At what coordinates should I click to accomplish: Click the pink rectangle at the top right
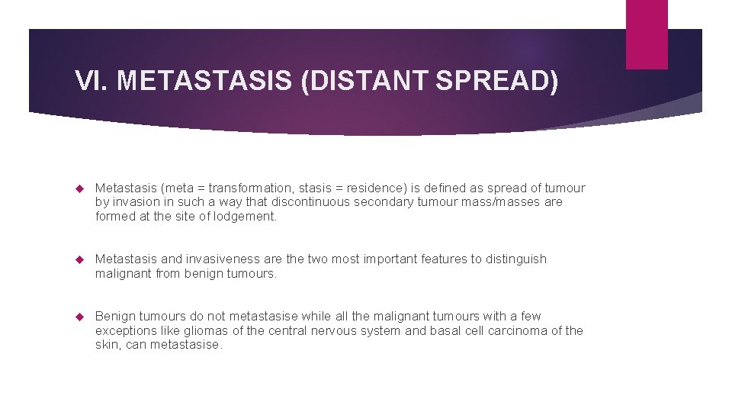click(647, 34)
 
